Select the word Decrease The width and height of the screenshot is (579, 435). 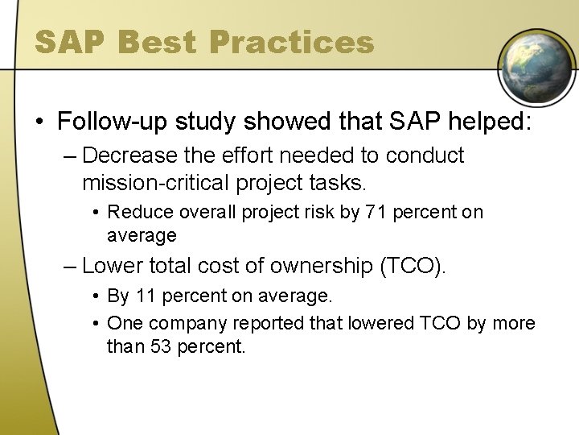click(x=128, y=155)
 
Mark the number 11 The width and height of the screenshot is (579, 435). click(x=145, y=297)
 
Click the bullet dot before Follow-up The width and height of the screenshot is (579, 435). click(x=39, y=122)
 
